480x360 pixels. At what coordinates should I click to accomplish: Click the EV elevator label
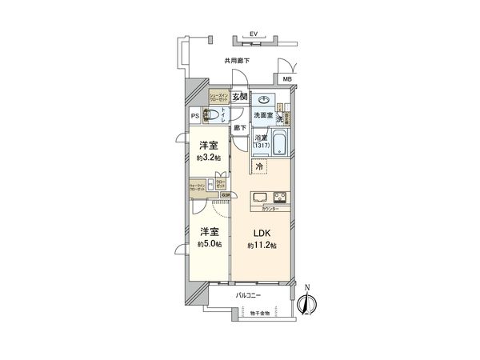[x=253, y=34]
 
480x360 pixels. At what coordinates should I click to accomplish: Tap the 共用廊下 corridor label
[x=237, y=61]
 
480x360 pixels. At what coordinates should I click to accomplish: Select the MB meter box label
[x=287, y=79]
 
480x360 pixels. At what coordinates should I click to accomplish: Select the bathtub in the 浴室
[x=280, y=145]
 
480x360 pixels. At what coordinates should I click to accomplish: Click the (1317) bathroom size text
[x=262, y=145]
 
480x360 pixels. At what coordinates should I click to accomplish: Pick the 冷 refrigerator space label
[x=260, y=166]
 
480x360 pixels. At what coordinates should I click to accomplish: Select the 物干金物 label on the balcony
[x=259, y=312]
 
